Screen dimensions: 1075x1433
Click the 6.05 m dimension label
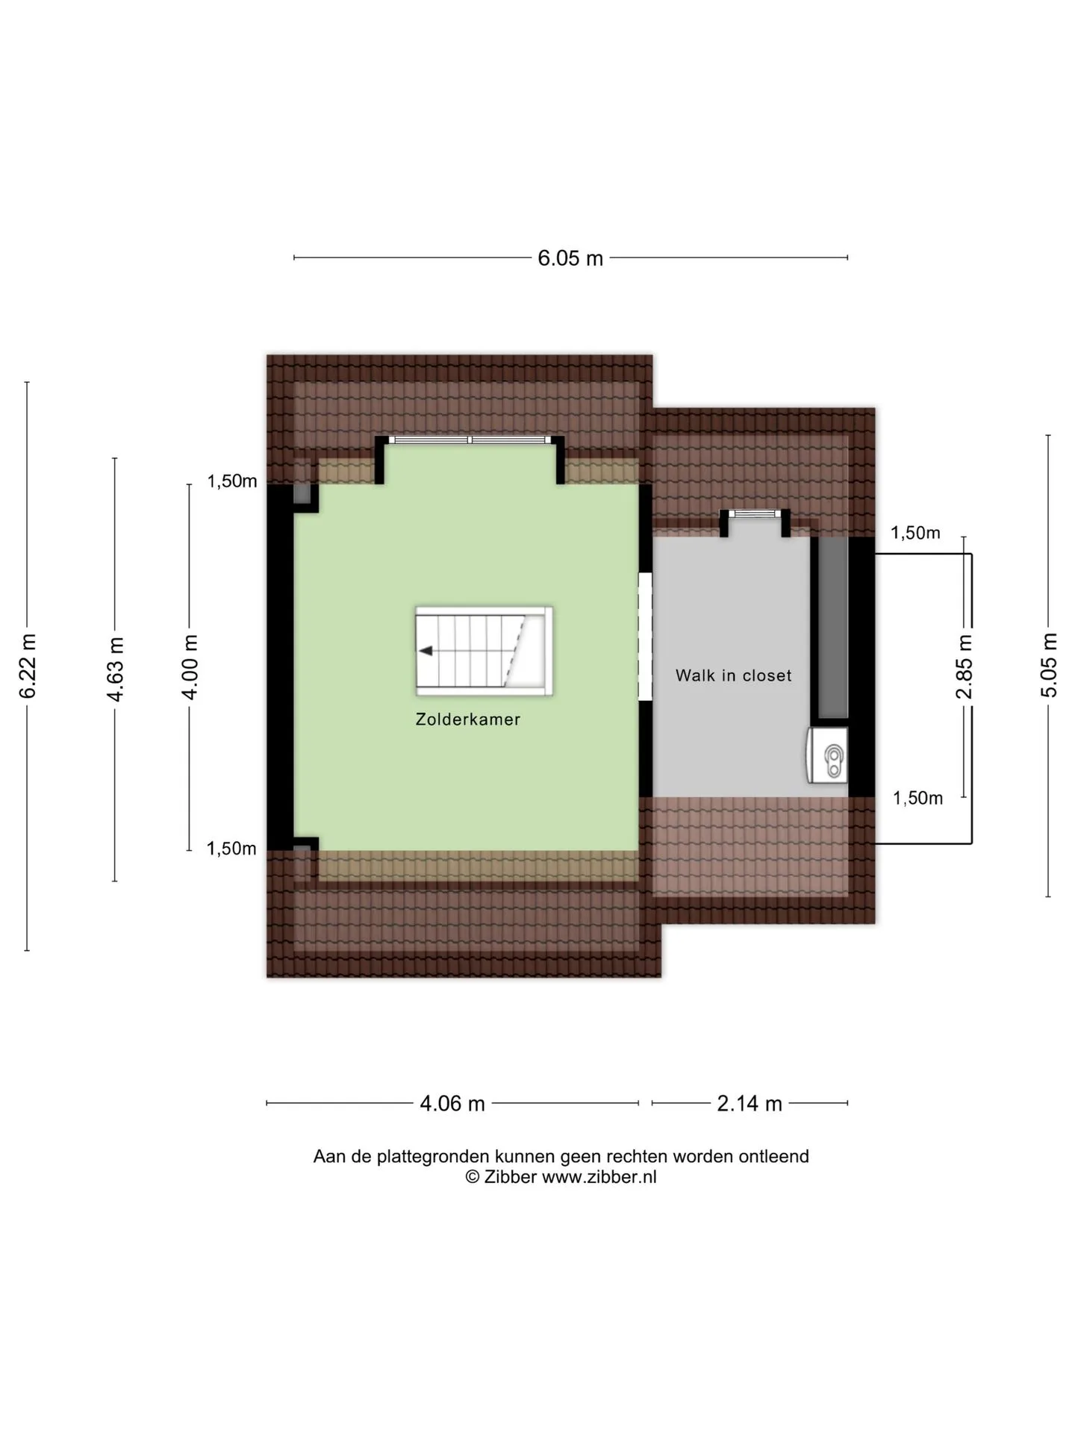[x=570, y=258]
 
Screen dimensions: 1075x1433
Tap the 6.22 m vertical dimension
[x=28, y=666]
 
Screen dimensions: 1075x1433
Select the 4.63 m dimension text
[x=115, y=669]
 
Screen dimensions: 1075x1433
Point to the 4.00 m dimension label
[x=190, y=667]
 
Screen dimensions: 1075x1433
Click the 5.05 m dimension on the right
[x=1049, y=665]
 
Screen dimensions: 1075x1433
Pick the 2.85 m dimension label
[x=965, y=666]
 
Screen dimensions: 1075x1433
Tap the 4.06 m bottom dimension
[x=452, y=1103]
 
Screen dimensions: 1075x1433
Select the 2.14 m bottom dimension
[x=750, y=1103]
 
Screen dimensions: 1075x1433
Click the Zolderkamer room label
[x=468, y=719]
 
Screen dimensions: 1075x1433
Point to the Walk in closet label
[x=734, y=675]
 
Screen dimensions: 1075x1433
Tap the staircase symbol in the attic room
[x=484, y=651]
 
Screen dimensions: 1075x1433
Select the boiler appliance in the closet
[x=827, y=755]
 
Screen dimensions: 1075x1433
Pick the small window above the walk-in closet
[x=755, y=513]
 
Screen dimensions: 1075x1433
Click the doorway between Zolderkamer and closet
[x=645, y=637]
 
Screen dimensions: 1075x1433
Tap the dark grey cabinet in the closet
[x=830, y=628]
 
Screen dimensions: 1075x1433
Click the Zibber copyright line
[x=561, y=1177]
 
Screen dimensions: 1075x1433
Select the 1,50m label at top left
[x=232, y=481]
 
